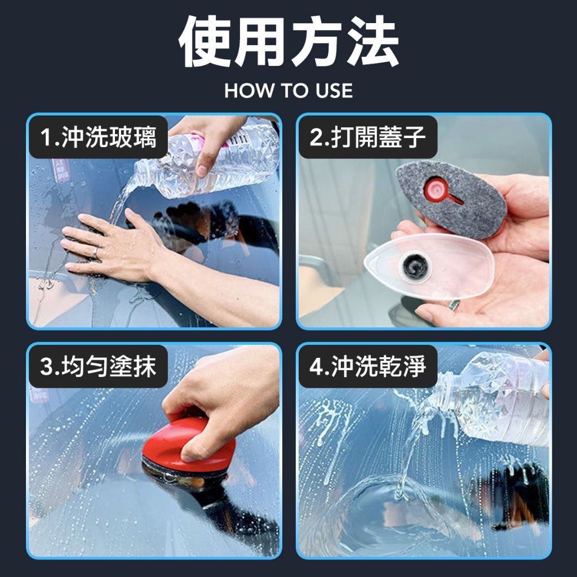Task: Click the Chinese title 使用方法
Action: (x=289, y=41)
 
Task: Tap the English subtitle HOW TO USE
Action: (x=288, y=91)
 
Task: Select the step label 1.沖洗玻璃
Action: (x=98, y=137)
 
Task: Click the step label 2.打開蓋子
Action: (x=367, y=137)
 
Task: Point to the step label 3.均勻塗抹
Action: (x=98, y=366)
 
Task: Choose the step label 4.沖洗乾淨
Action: (x=367, y=366)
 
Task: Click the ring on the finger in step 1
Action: (x=95, y=252)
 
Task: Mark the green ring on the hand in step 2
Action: (x=454, y=305)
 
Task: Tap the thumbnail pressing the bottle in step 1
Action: (x=202, y=170)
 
